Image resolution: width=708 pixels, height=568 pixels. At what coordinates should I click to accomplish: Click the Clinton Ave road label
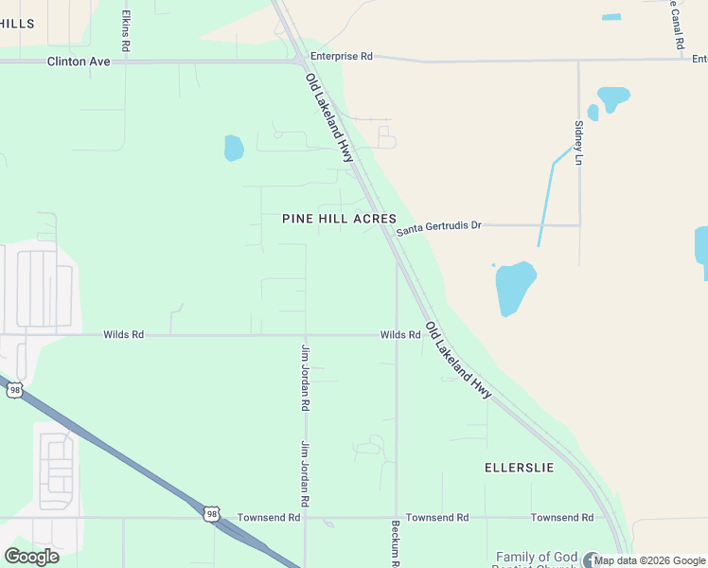coord(80,61)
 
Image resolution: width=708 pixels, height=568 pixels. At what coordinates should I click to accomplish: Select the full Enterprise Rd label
coord(341,57)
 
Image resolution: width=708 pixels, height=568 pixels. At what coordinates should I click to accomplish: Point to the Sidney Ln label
coord(578,142)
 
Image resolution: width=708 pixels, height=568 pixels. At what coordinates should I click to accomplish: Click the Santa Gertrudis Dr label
coord(439,227)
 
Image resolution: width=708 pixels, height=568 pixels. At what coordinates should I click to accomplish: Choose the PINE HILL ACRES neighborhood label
coord(339,219)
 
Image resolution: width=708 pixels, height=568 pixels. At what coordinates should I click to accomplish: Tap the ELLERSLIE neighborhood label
coord(519,468)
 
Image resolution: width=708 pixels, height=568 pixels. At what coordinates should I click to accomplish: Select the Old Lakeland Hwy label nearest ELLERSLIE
coord(458,360)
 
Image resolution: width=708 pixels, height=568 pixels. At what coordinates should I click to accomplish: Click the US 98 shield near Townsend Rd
coord(211,513)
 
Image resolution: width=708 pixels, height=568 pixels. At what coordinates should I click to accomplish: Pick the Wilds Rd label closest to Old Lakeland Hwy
coord(400,335)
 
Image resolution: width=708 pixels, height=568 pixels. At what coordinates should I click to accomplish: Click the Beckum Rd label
coord(396,541)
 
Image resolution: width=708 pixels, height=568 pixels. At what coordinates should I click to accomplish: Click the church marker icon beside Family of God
coord(592,559)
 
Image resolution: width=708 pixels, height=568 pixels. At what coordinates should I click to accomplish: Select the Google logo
coord(31,556)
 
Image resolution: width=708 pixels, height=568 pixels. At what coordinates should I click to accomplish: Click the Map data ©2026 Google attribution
coord(650,560)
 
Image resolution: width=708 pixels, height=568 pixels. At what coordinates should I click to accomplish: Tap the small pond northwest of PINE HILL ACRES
coord(234,148)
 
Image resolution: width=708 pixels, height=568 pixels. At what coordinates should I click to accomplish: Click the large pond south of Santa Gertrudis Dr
coord(515,286)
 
